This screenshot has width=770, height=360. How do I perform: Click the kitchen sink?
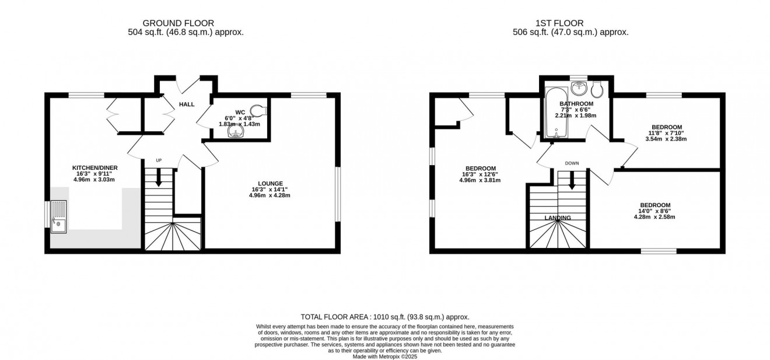click(x=59, y=216)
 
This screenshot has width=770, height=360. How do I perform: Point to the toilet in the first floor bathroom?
click(x=597, y=90)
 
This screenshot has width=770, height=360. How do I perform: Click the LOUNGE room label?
click(x=270, y=183)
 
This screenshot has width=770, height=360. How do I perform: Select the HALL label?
click(x=187, y=104)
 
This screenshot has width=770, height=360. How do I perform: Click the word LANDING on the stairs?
click(x=558, y=218)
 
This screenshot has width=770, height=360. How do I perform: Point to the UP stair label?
click(x=158, y=160)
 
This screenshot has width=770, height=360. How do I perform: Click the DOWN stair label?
click(x=572, y=163)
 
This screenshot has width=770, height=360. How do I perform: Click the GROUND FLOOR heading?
click(x=174, y=23)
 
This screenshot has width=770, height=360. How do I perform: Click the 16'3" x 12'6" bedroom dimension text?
click(x=480, y=174)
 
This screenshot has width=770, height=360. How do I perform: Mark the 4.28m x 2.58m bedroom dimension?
click(x=654, y=217)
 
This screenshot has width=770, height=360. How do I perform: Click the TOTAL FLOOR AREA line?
click(x=385, y=317)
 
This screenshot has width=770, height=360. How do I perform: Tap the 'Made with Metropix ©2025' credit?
click(x=385, y=356)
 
